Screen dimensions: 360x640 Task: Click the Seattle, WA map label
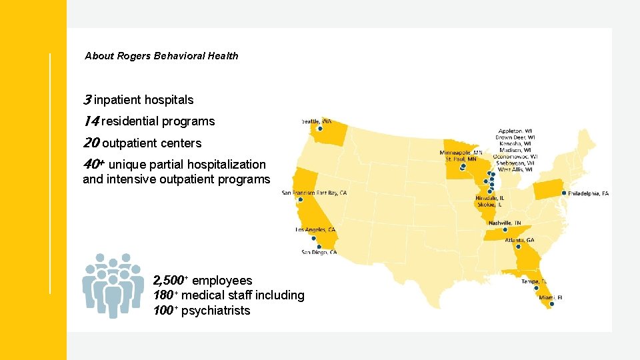317,121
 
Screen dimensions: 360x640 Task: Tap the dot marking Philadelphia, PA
564,193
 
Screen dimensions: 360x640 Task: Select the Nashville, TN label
505,223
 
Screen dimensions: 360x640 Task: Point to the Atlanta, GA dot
518,246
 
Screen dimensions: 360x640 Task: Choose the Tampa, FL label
535,281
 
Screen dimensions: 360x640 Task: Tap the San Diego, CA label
319,252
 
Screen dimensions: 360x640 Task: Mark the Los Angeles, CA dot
313,238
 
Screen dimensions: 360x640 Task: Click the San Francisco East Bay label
314,193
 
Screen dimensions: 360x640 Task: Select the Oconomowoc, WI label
518,157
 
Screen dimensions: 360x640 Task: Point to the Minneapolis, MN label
461,152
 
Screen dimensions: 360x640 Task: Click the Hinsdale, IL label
489,198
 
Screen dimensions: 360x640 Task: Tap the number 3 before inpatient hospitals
87,100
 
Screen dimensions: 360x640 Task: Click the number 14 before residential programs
91,121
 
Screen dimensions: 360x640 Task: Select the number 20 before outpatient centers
91,143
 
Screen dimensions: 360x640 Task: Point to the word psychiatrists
215,311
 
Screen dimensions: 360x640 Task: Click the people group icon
113,285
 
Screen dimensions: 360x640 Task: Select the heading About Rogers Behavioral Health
161,56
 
